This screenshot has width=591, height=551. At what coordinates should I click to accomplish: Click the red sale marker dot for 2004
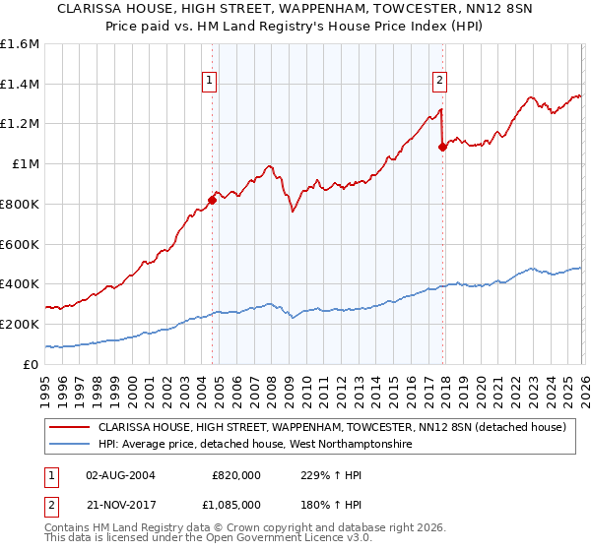(x=212, y=199)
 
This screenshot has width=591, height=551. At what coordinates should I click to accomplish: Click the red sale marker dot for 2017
(x=442, y=147)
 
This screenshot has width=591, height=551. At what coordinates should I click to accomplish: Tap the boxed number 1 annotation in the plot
(x=210, y=82)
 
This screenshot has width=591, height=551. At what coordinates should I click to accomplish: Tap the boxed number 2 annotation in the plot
(x=439, y=82)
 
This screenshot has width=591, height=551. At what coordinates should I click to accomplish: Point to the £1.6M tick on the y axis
(x=19, y=44)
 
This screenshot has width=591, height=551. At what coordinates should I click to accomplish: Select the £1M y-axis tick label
(x=24, y=164)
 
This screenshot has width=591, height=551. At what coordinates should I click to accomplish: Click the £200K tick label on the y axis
(x=19, y=324)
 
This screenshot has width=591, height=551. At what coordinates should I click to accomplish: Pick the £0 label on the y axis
(x=32, y=364)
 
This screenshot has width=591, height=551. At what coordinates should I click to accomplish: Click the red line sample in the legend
(x=69, y=428)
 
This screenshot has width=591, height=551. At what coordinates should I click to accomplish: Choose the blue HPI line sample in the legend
(x=69, y=445)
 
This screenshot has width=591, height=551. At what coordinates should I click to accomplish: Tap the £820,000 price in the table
(x=237, y=474)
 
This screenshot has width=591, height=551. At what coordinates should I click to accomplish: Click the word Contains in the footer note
(x=69, y=528)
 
